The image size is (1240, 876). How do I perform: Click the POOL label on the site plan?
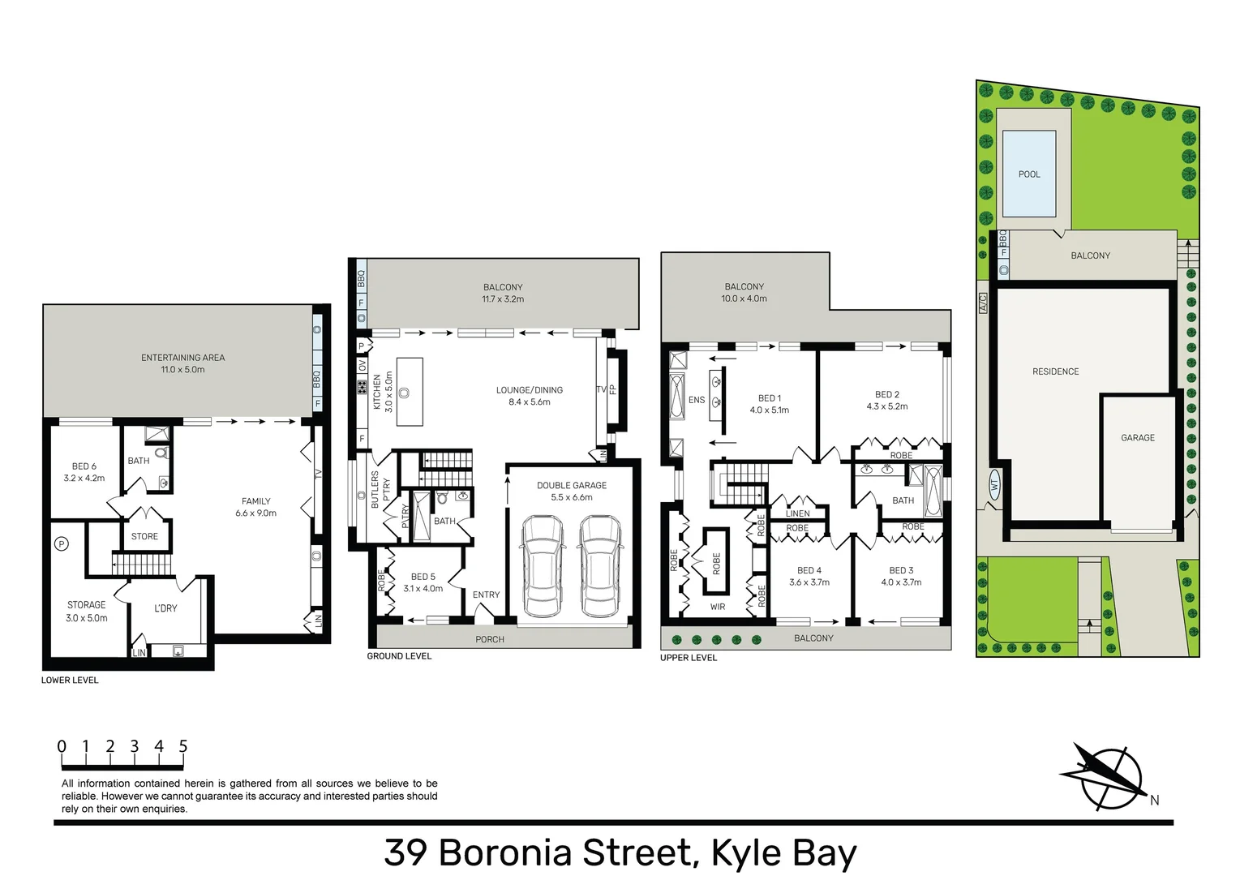[1029, 174]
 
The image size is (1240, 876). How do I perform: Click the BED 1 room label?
[770, 398]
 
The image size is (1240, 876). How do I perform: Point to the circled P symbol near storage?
[61, 544]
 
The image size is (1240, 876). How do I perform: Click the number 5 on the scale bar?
[183, 746]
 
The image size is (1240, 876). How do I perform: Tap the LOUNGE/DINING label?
[530, 390]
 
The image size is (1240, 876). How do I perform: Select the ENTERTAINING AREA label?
[182, 358]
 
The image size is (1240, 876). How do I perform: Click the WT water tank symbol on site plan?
[994, 486]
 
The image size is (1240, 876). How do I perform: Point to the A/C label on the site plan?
[983, 303]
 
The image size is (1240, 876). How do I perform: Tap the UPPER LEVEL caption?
[689, 658]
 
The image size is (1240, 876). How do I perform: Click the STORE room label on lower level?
[144, 537]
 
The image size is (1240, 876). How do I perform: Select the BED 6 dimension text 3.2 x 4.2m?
[84, 479]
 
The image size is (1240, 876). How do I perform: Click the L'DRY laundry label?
[165, 608]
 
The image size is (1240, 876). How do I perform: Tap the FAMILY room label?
[255, 501]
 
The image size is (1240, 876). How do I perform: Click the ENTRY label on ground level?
[486, 595]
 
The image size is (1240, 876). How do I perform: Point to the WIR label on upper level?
[718, 607]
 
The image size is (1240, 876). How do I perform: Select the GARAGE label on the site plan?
[1137, 438]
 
